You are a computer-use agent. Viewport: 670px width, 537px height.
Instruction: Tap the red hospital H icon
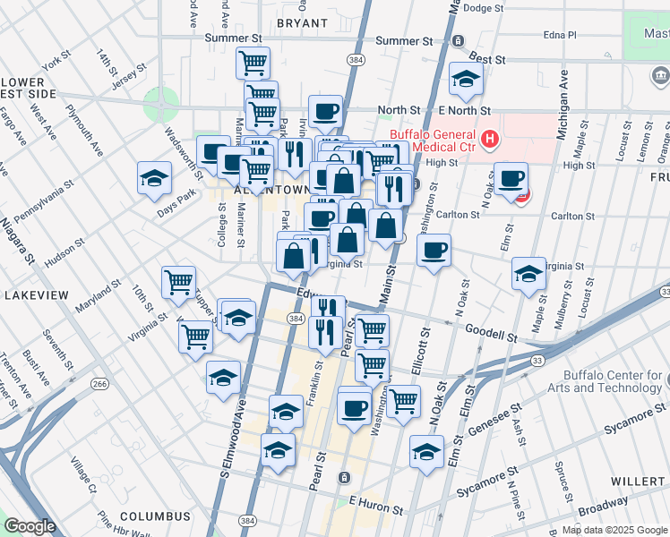pyautogui.click(x=489, y=140)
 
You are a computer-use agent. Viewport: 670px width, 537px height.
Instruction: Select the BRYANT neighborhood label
pyautogui.click(x=303, y=22)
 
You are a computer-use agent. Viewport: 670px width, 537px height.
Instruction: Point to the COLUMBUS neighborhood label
pyautogui.click(x=156, y=516)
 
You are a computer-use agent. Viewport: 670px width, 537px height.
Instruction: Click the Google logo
pyautogui.click(x=30, y=526)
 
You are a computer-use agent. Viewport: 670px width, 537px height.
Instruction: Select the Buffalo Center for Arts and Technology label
pyautogui.click(x=614, y=382)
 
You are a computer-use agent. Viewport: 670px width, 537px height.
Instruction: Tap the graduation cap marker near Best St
pyautogui.click(x=466, y=80)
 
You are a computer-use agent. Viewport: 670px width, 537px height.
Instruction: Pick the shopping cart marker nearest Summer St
pyautogui.click(x=253, y=63)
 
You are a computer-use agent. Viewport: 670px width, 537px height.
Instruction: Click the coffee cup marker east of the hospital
pyautogui.click(x=511, y=178)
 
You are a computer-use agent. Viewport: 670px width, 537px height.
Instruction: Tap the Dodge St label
pyautogui.click(x=485, y=8)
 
